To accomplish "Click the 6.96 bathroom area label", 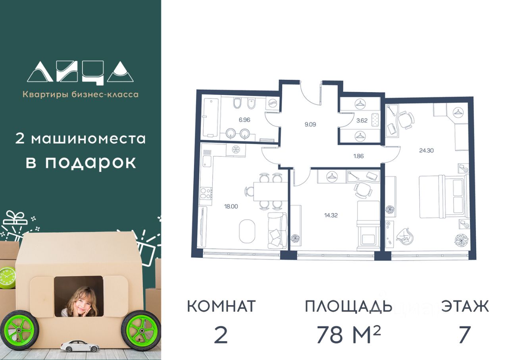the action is pos(244,120).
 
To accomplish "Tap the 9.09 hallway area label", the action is pos(310,125).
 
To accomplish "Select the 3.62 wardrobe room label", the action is pos(362,120).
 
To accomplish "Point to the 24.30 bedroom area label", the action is pos(426,150).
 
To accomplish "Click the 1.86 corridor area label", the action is pos(358,156).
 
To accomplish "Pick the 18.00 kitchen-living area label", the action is pos(231,206).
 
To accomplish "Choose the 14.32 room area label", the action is pos(331,215).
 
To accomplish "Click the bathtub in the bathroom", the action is pos(211,117).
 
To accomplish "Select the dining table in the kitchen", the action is pos(267,191).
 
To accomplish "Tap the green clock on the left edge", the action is pos(6,278).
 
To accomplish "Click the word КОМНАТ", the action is pos(221,306).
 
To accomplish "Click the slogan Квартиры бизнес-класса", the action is pos(81,94).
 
